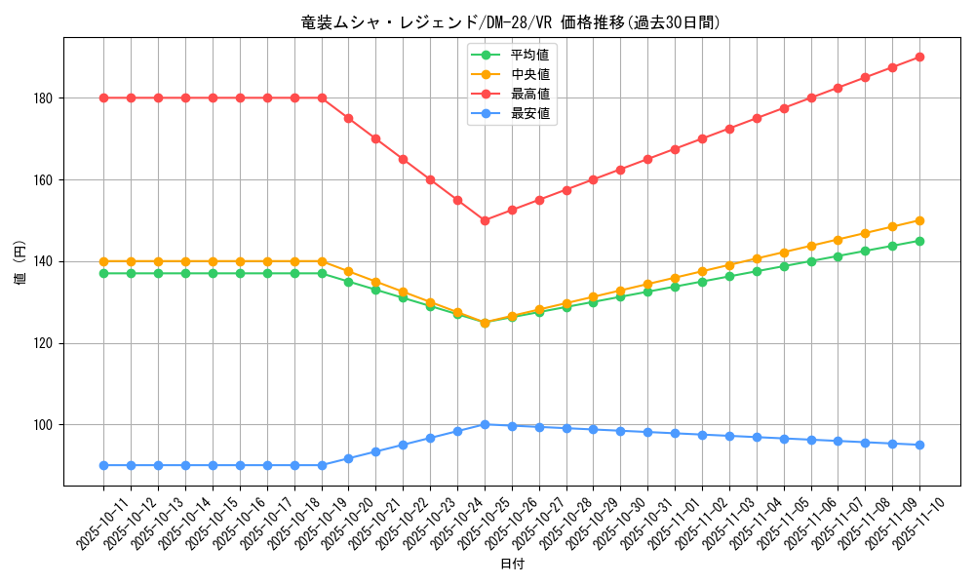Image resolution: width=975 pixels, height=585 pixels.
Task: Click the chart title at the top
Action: click(512, 22)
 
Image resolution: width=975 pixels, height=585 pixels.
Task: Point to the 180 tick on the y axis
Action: click(44, 98)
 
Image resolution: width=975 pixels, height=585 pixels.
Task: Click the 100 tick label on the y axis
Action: click(44, 425)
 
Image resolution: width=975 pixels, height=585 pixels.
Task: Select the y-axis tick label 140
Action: click(44, 261)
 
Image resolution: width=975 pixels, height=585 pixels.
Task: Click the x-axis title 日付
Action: click(512, 565)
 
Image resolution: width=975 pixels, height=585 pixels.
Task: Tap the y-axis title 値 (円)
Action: click(20, 261)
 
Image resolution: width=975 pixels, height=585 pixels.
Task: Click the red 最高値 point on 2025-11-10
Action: click(919, 58)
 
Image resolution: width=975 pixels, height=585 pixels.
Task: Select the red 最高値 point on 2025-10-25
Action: click(485, 220)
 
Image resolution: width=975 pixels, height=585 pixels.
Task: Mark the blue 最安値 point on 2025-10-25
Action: click(485, 425)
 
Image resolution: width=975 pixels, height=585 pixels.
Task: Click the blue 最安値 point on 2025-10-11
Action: click(103, 465)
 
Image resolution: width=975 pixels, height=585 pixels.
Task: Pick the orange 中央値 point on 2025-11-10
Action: click(919, 220)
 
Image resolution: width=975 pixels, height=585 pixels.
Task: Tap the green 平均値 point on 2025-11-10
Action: click(919, 241)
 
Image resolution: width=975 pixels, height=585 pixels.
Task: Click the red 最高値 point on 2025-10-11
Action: click(103, 97)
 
